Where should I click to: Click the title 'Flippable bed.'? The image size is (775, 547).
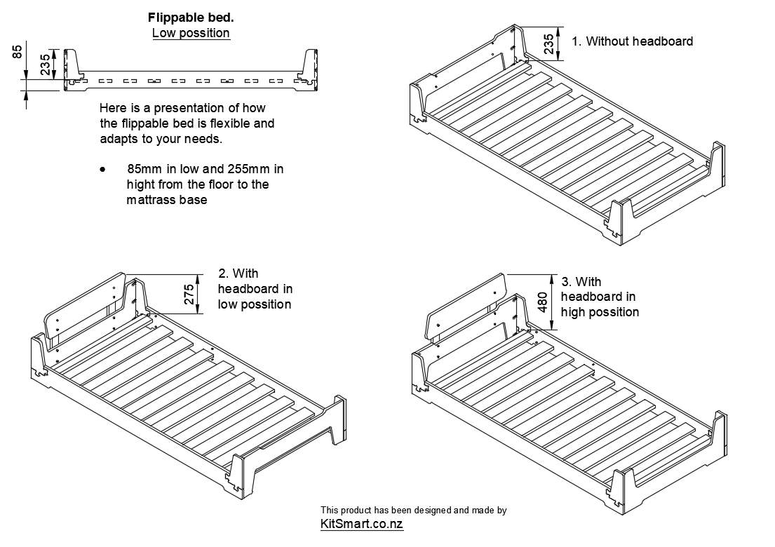tap(191, 18)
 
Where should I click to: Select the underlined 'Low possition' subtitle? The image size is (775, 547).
tap(191, 33)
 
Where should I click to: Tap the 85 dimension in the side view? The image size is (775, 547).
tap(18, 51)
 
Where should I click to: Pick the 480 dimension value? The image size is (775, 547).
tap(542, 302)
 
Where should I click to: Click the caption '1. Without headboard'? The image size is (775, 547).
tap(632, 41)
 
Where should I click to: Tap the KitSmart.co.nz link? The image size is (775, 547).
tap(361, 524)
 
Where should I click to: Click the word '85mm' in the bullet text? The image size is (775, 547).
tap(143, 170)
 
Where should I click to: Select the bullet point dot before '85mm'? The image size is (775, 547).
tap(103, 170)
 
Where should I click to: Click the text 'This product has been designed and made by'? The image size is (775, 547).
tap(413, 511)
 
